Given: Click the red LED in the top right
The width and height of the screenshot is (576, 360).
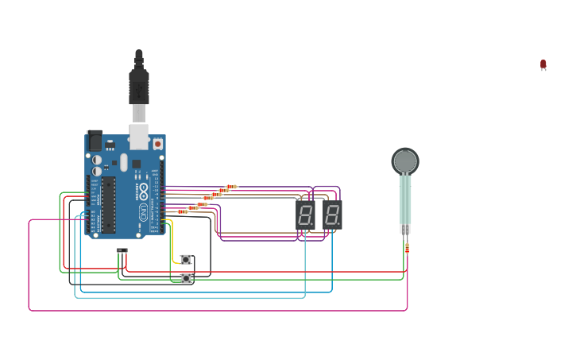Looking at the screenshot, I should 543,64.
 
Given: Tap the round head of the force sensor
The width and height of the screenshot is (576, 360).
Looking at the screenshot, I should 405,161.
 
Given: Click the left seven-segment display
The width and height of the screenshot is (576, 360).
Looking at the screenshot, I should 305,215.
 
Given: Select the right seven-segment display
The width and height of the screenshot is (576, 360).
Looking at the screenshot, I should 332,215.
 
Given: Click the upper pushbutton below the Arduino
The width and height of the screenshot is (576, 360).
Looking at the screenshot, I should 186,259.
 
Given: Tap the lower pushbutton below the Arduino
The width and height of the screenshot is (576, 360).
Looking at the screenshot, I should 186,278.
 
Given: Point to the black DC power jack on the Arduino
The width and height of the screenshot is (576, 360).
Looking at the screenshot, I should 95,141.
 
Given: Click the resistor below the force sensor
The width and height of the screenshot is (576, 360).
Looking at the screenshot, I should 407,249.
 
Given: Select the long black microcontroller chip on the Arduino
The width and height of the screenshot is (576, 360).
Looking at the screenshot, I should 109,204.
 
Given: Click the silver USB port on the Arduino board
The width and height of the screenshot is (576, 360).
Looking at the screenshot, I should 139,136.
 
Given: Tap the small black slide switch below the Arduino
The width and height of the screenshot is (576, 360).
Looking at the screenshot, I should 122,250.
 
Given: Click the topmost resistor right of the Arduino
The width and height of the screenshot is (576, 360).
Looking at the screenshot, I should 231,187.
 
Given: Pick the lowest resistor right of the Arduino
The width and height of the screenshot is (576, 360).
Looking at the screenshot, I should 183,211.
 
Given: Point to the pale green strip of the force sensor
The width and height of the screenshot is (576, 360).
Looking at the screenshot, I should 405,199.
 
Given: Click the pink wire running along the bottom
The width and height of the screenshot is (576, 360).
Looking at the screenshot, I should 215,310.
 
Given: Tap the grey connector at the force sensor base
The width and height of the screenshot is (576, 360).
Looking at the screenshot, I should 405,229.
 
